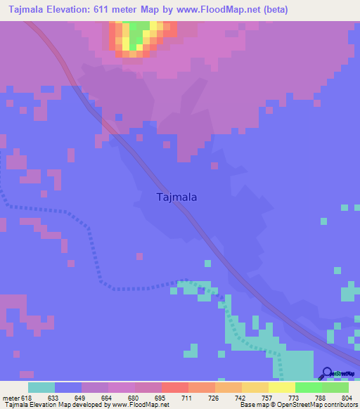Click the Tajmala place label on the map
(x=175, y=197)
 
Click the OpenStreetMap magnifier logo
(x=326, y=375)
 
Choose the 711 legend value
(x=188, y=397)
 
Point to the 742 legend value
(x=241, y=397)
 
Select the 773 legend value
(x=295, y=397)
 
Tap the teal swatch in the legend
(x=41, y=387)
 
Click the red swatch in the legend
(x=174, y=387)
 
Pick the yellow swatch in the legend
(x=281, y=387)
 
